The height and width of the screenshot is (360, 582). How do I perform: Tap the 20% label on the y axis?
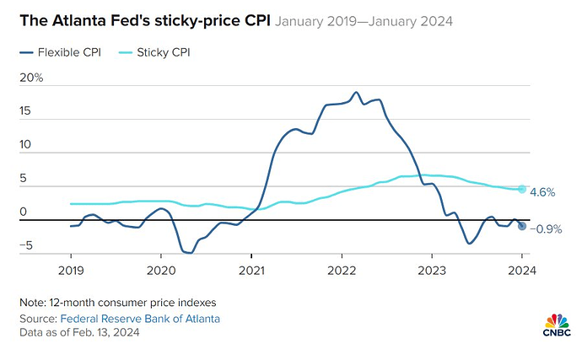pyautogui.click(x=31, y=78)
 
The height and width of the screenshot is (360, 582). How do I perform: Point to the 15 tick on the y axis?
pyautogui.click(x=25, y=111)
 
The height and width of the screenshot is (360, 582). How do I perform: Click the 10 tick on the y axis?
pyautogui.click(x=25, y=145)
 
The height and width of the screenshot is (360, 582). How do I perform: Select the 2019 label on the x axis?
pyautogui.click(x=70, y=271)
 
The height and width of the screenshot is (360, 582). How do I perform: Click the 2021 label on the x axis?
pyautogui.click(x=251, y=271)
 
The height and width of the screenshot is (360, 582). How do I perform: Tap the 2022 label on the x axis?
pyautogui.click(x=341, y=271)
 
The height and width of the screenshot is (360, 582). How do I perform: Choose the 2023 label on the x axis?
pyautogui.click(x=431, y=271)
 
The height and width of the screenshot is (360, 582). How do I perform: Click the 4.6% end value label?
pyautogui.click(x=542, y=192)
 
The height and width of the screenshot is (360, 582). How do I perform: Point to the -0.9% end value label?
pyautogui.click(x=547, y=228)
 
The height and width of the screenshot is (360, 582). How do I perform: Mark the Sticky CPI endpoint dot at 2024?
pyautogui.click(x=522, y=189)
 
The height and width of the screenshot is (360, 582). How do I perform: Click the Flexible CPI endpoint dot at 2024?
pyautogui.click(x=522, y=226)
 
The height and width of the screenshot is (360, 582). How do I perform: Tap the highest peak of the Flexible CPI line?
pyautogui.click(x=356, y=92)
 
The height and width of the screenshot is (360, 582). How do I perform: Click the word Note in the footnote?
pyautogui.click(x=32, y=302)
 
